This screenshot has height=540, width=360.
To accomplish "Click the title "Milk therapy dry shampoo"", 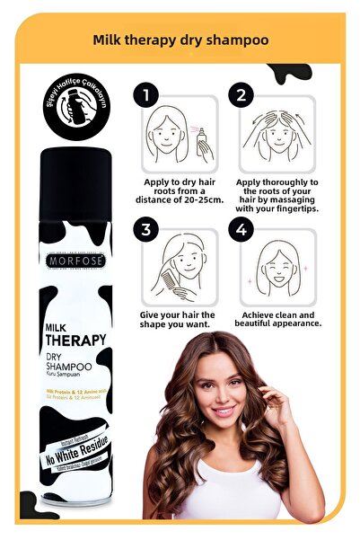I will point(180,40).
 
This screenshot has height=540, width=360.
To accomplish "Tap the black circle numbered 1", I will point(145,94).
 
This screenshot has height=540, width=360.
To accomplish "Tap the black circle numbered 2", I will point(241,94).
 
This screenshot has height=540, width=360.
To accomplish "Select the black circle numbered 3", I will point(145,230).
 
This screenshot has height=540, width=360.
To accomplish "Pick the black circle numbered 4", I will point(241,230).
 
